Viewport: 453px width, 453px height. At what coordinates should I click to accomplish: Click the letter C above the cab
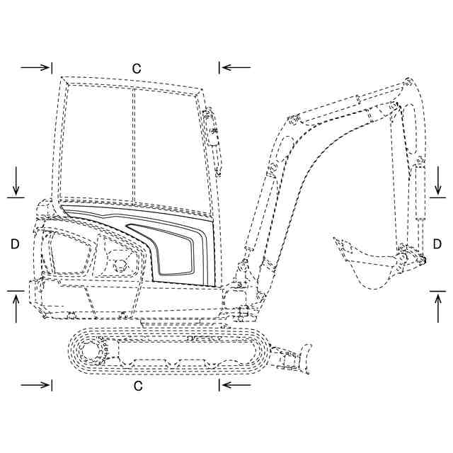(x=137, y=69)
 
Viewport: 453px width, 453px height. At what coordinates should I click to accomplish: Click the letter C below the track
(x=138, y=386)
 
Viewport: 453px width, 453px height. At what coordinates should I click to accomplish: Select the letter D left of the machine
(x=15, y=243)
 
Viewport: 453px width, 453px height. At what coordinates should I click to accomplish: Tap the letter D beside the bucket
(x=437, y=243)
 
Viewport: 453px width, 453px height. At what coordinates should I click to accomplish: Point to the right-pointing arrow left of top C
(x=36, y=67)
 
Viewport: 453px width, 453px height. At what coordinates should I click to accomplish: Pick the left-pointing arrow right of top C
(x=235, y=67)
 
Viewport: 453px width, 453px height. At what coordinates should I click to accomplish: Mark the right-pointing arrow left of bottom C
(x=36, y=385)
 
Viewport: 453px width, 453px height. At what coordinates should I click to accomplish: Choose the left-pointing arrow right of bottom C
(x=235, y=385)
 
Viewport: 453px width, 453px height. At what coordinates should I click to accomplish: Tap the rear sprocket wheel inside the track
(x=91, y=350)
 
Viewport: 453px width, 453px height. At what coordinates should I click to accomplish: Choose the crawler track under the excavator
(x=170, y=350)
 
